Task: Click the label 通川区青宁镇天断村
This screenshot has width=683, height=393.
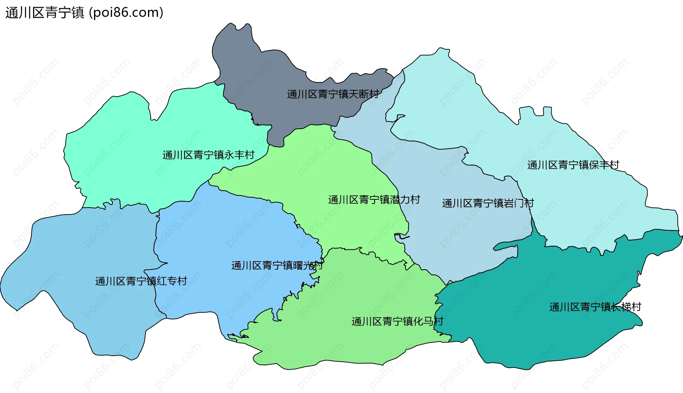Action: coord(333,94)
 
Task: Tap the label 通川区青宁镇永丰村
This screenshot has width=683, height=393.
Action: coord(208,155)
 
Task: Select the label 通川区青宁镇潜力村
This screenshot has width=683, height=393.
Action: coord(374,200)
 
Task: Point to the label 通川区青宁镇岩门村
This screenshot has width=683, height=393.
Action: coord(488,203)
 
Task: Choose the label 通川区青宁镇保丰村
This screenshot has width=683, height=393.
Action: coord(573,165)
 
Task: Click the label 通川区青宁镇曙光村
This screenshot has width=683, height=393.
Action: coord(277,265)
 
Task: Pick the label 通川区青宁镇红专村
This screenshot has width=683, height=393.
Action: coord(141,281)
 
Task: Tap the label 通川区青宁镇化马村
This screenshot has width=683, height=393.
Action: coord(397,322)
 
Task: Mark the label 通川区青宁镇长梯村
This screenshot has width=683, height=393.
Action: coord(595,307)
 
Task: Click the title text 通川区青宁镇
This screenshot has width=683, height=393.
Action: coord(45,13)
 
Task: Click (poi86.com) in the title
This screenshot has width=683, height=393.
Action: coord(126,13)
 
